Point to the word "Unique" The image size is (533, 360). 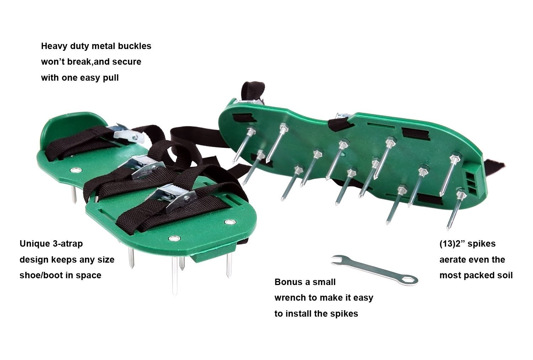click(35, 244)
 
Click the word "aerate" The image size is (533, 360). click(452, 260)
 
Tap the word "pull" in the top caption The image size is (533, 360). click(111, 78)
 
